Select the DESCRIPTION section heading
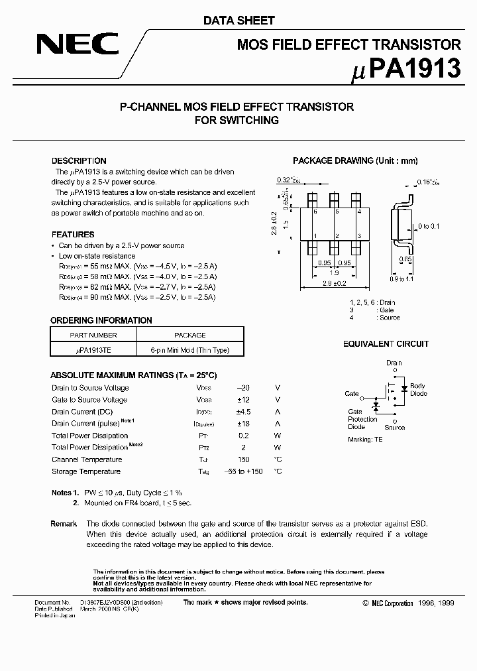coord(79,161)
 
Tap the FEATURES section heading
coord(73,235)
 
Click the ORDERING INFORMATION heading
coord(101,320)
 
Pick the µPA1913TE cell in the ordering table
coord(93,351)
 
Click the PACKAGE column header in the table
coord(189,335)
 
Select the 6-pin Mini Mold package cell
coord(189,351)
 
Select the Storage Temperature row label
coord(86,471)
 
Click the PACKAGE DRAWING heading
coord(355,161)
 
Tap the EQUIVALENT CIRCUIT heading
coord(386,344)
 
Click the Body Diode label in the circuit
coord(417,389)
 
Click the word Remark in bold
coord(64,524)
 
